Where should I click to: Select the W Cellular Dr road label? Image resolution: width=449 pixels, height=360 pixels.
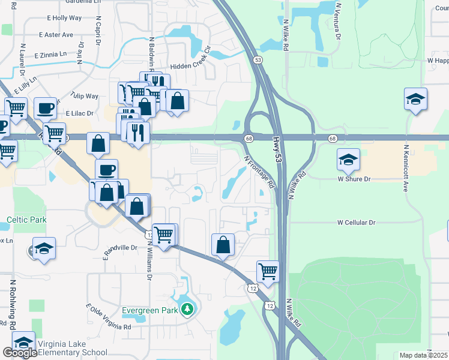tap(356, 222)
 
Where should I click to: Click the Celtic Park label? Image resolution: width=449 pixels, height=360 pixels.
tap(26, 220)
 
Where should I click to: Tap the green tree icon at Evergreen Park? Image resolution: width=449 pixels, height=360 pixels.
tap(188, 310)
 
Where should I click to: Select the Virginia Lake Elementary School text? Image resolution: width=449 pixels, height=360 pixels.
tap(72, 348)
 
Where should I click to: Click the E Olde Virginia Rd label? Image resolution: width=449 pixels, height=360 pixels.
tap(109, 317)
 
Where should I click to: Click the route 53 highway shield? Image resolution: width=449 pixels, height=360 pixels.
tap(258, 60)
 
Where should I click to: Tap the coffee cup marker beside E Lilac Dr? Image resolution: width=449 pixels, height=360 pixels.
tap(45, 108)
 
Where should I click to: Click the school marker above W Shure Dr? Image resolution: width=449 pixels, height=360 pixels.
tap(348, 160)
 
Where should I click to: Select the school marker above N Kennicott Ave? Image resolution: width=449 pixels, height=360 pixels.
tap(415, 99)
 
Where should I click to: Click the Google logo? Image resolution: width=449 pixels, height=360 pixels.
tap(20, 353)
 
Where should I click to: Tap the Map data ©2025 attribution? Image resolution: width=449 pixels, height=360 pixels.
tap(423, 355)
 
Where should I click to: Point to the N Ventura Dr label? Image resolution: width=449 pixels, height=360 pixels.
tap(339, 21)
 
